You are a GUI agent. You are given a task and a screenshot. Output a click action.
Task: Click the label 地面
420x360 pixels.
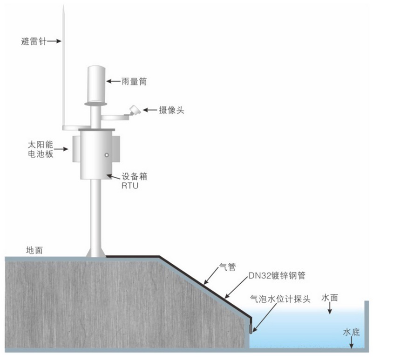(x=34, y=250)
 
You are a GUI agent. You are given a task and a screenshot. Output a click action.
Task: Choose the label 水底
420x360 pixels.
(x=352, y=332)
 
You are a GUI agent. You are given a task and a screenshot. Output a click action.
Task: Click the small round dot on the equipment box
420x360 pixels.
(x=106, y=155)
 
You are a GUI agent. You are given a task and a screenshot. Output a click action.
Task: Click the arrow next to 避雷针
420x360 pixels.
(x=54, y=41)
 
